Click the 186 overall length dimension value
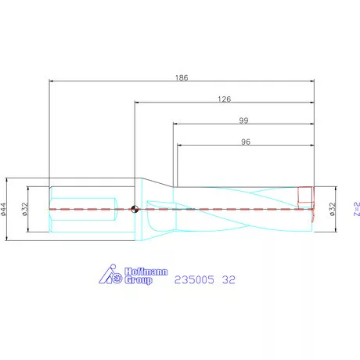[182, 77]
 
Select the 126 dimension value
[225, 99]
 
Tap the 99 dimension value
[243, 121]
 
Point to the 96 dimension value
[246, 142]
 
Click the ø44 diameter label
[3, 209]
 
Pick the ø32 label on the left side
[25, 209]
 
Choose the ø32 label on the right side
[333, 209]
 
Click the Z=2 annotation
[357, 209]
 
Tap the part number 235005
[194, 279]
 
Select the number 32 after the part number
[229, 279]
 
